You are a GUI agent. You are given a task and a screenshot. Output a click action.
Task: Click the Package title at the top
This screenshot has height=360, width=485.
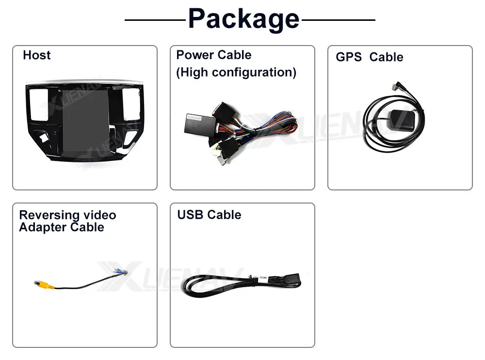[243, 19]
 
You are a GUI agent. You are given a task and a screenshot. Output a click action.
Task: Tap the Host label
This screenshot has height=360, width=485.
[36, 55]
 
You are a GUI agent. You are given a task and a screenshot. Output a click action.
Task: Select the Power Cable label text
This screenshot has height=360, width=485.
[213, 55]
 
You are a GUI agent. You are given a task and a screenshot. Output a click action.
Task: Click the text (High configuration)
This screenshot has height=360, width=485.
[236, 73]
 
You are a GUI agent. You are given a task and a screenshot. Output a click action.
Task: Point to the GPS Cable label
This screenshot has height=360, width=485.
[369, 57]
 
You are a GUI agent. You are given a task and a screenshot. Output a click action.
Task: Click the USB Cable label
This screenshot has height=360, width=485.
[209, 215]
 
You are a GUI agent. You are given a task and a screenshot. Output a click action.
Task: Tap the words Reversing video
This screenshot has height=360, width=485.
[67, 215]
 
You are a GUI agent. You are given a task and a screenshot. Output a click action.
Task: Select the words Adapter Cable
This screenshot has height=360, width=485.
[62, 227]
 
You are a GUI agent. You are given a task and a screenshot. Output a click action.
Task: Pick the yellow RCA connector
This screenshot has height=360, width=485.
[42, 284]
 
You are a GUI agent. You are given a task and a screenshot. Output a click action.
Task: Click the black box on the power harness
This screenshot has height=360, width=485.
[196, 125]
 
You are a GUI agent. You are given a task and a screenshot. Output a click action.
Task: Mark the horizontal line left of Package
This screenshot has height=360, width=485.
[155, 20]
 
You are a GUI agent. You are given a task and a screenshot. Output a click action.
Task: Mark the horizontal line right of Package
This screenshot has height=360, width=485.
[338, 20]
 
